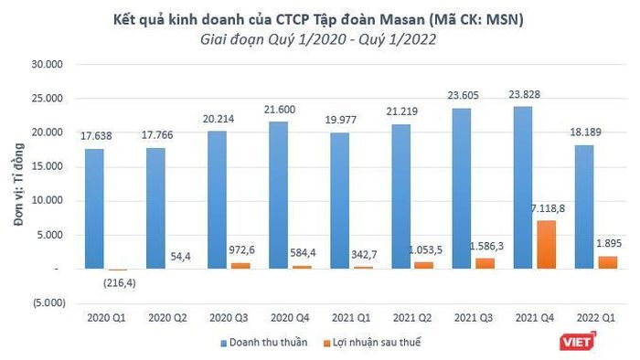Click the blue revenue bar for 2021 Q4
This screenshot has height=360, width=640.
point(523,187)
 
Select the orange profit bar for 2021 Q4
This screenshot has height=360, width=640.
point(547,245)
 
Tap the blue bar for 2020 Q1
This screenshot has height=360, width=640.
point(94,208)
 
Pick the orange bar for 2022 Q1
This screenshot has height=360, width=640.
point(608,262)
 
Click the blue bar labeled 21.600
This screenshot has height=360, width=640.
point(278,195)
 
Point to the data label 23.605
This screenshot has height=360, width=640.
point(463,95)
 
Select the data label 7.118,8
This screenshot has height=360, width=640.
point(548,208)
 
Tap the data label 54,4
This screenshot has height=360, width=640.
point(180,257)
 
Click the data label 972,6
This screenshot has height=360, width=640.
point(241,249)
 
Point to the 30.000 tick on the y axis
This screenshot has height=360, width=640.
point(47,65)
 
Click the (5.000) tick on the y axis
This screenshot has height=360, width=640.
point(49,303)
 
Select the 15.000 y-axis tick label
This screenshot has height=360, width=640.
point(47,166)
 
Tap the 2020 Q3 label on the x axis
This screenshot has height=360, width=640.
point(229,318)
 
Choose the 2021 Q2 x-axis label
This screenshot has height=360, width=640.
point(412,318)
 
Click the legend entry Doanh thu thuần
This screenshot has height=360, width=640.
point(264,343)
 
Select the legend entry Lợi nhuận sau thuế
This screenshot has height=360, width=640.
point(372,343)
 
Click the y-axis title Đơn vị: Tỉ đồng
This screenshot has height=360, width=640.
point(19,184)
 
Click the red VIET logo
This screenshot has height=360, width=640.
point(578,341)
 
